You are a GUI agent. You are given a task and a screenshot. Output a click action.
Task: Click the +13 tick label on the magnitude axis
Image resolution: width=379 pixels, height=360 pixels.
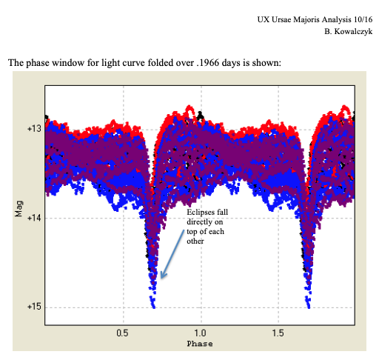(33, 129)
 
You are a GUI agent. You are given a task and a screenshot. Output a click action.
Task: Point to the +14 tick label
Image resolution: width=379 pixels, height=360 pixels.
(33, 218)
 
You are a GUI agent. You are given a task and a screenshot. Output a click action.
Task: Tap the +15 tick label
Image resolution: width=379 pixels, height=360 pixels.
(33, 307)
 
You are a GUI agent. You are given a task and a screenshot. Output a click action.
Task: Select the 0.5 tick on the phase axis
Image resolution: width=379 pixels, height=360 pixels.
(122, 333)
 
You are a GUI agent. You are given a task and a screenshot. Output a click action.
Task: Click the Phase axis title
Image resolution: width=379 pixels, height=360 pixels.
(199, 344)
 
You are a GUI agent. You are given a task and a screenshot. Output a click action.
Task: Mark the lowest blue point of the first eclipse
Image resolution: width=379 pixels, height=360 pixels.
(153, 305)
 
